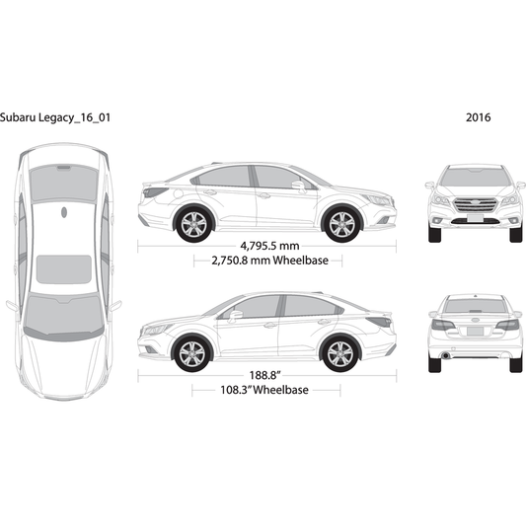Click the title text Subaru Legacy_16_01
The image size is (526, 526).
55,117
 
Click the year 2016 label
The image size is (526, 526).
478,117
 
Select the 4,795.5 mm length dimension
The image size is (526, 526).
269,246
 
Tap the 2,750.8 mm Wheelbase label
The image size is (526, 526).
269,261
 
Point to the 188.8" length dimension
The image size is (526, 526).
265,375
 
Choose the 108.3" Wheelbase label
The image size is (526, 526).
264,390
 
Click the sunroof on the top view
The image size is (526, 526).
64,269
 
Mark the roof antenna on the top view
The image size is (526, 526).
64,212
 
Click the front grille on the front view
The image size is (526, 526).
476,205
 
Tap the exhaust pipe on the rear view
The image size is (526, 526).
445,355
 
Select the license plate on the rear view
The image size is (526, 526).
475,332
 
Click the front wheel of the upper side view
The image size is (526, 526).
341,224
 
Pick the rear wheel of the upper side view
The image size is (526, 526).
193,224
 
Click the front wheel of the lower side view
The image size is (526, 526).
192,354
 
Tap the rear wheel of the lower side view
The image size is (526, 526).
340,354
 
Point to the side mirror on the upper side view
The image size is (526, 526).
298,186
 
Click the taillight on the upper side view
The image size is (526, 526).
155,192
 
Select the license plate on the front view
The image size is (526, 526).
475,218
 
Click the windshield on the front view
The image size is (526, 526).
476,177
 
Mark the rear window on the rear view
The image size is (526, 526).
475,306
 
